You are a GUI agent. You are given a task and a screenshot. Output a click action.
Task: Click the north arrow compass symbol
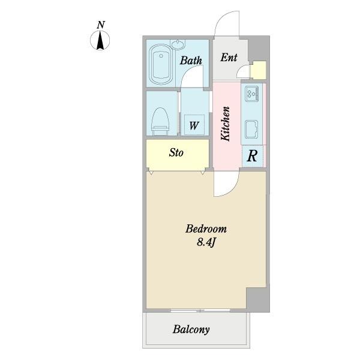pyautogui.click(x=100, y=41)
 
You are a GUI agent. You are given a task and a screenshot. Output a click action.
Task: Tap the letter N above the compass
pyautogui.click(x=101, y=25)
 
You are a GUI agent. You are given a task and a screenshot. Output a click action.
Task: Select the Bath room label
pyautogui.click(x=191, y=61)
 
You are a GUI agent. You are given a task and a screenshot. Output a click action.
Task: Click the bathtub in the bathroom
pyautogui.click(x=161, y=65)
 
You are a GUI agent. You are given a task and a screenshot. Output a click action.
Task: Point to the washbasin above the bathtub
pyautogui.click(x=178, y=44)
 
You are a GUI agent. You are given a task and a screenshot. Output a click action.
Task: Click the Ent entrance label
pyautogui.click(x=229, y=57)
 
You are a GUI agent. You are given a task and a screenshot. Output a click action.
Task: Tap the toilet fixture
pyautogui.click(x=160, y=121)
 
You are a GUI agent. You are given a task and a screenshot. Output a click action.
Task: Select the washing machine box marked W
pyautogui.click(x=194, y=125)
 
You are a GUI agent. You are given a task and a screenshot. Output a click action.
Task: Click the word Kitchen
pyautogui.click(x=225, y=124)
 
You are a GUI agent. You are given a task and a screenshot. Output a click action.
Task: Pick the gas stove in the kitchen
pyautogui.click(x=252, y=94)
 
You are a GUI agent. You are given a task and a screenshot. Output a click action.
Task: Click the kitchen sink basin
pyautogui.click(x=251, y=129)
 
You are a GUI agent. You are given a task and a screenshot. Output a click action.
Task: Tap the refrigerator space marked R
pyautogui.click(x=253, y=156)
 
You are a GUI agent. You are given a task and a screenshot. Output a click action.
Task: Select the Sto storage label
pyautogui.click(x=176, y=152)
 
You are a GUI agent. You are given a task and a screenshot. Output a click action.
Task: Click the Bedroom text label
pyautogui.click(x=206, y=229)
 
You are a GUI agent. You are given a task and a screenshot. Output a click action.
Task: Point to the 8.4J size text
pyautogui.click(x=206, y=242)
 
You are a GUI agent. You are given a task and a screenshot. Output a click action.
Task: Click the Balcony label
pyautogui.click(x=191, y=329)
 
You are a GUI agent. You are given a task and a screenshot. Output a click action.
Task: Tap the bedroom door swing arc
pyautogui.click(x=233, y=189)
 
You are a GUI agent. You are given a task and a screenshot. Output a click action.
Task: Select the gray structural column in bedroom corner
pyautogui.click(x=258, y=299)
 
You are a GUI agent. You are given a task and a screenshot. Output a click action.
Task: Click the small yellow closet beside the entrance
pyautogui.click(x=258, y=70)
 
